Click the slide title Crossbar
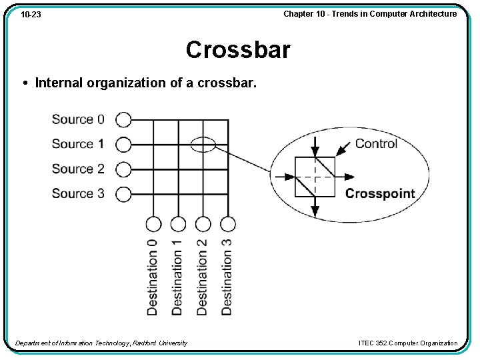[x=238, y=50]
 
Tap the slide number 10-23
[x=31, y=14]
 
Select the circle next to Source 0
[x=123, y=119]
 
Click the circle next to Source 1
[x=123, y=144]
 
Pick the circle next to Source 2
[x=123, y=169]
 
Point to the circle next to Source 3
[x=123, y=194]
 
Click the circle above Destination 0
[x=153, y=224]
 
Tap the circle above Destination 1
[x=178, y=224]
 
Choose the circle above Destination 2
[x=203, y=224]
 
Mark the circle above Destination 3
[x=228, y=224]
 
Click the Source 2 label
[x=78, y=169]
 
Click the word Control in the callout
[x=376, y=143]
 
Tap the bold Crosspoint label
[x=380, y=194]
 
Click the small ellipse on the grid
[x=203, y=144]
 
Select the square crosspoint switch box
[x=315, y=177]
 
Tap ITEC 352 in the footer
[x=372, y=343]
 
